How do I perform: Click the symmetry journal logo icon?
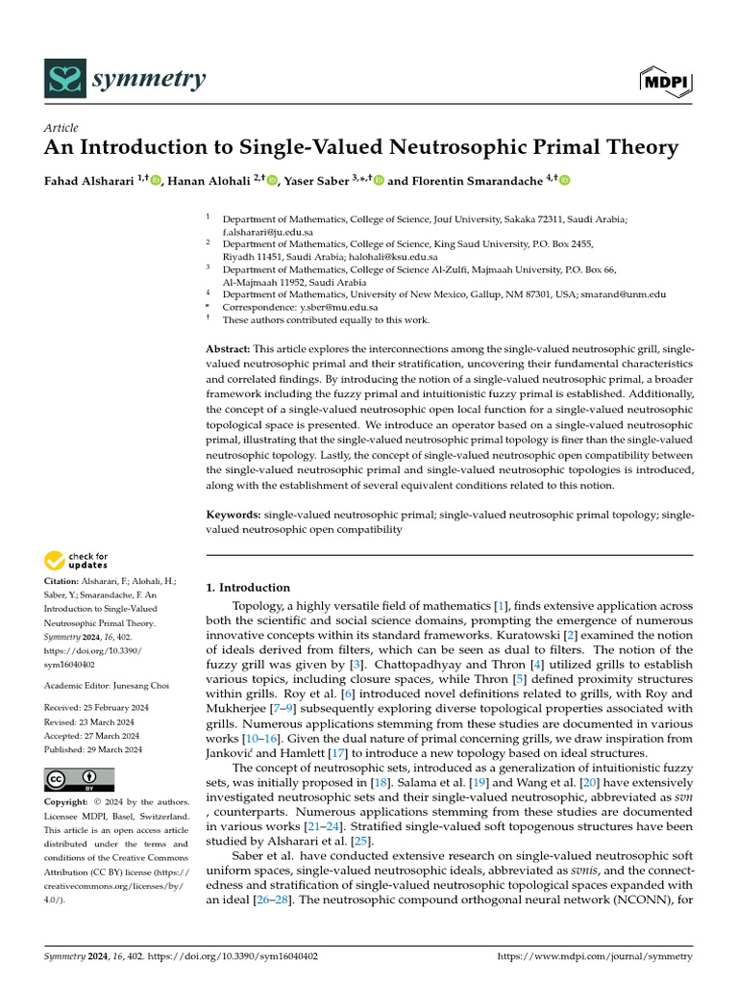tap(63, 78)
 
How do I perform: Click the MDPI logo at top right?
tap(666, 80)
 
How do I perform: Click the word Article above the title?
tap(62, 128)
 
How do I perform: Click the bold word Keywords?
tap(234, 515)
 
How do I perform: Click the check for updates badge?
tap(76, 561)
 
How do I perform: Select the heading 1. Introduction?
tap(248, 588)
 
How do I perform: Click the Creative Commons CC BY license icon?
tap(80, 779)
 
